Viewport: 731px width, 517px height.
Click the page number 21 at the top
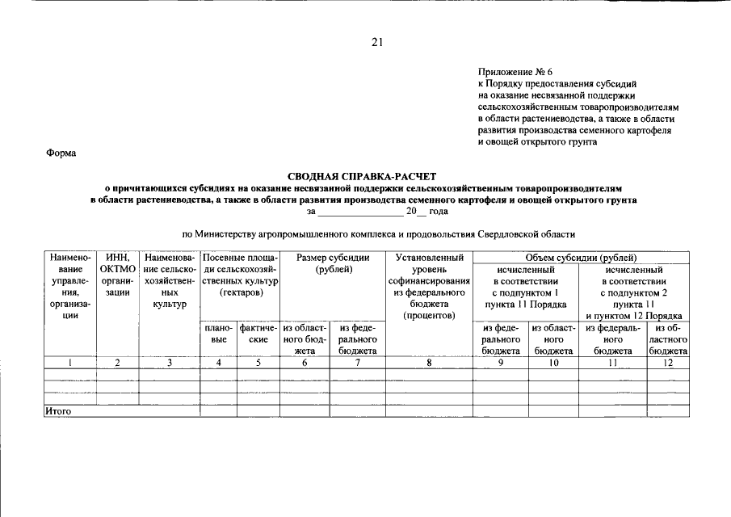[376, 43]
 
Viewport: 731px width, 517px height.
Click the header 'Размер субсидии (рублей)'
[334, 263]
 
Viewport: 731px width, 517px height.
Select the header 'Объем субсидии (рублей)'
[581, 257]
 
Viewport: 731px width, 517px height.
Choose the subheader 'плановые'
[218, 334]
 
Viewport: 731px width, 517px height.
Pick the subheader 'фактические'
[258, 334]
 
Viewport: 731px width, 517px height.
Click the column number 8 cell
[430, 363]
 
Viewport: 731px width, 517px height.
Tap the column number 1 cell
[70, 363]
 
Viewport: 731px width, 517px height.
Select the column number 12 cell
[668, 363]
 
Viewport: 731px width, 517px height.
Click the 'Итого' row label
[58, 411]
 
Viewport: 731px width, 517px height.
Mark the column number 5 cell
[258, 363]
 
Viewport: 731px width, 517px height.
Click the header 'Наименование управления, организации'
[70, 286]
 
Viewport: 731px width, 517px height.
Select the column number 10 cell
[553, 363]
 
